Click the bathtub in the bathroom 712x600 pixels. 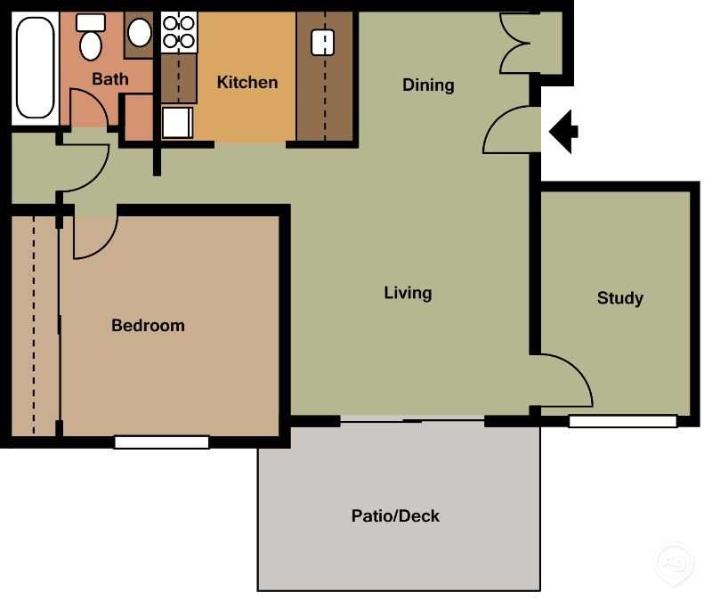coord(35,68)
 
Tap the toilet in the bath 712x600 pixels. coord(91,37)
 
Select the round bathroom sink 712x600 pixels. coord(140,33)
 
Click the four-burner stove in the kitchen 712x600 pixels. coord(179,32)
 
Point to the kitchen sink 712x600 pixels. coord(323,42)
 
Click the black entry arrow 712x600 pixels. coord(563,132)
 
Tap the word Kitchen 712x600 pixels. coord(247,82)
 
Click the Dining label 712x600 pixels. coord(428,85)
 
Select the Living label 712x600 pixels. coord(408,293)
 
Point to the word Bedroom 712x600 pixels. coord(148,325)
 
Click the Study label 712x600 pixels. coord(619,298)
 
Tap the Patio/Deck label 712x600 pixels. coord(395,515)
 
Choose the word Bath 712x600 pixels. coord(109,79)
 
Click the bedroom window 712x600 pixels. coord(162,442)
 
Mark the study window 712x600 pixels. coord(623,421)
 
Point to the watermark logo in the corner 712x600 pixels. coord(675,563)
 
